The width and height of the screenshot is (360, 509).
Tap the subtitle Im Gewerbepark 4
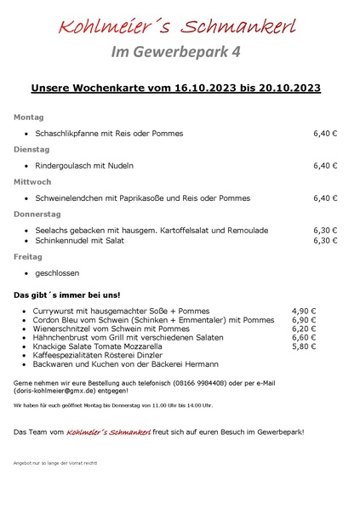pyautogui.click(x=176, y=53)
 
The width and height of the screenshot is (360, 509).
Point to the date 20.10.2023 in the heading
pyautogui.click(x=286, y=88)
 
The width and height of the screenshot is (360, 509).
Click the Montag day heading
pyautogui.click(x=28, y=117)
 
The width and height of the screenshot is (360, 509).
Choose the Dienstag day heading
pyautogui.click(x=31, y=149)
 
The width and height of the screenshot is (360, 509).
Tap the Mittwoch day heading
pyautogui.click(x=32, y=181)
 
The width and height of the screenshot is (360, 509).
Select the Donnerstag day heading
pyautogui.click(x=37, y=214)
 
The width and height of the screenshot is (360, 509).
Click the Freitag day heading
pyautogui.click(x=28, y=256)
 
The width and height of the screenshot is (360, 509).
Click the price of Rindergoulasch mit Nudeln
pyautogui.click(x=325, y=166)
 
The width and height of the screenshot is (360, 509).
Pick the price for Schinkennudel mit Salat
pyautogui.click(x=325, y=241)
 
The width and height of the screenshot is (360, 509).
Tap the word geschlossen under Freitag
pyautogui.click(x=57, y=273)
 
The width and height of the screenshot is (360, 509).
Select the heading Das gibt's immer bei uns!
pyautogui.click(x=60, y=295)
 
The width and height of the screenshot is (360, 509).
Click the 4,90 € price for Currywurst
pyautogui.click(x=304, y=312)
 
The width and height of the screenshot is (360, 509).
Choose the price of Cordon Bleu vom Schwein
pyautogui.click(x=304, y=320)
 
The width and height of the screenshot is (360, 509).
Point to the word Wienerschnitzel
pyautogui.click(x=62, y=329)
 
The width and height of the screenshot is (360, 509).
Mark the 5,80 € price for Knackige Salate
pyautogui.click(x=304, y=347)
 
